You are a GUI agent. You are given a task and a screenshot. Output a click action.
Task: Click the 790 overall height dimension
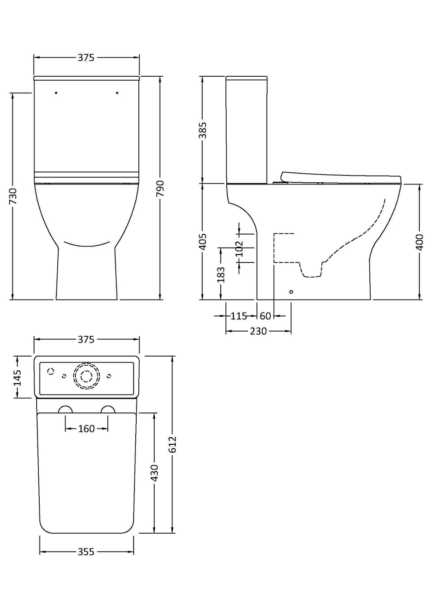(160, 188)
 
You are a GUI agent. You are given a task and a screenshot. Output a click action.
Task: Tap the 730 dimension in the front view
(13, 196)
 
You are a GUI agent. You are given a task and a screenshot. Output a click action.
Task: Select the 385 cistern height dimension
(203, 130)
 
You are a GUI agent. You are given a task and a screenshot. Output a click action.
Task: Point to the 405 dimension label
(203, 241)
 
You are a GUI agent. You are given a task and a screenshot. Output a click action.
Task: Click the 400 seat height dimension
(419, 242)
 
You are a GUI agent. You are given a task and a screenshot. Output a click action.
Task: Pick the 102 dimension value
(239, 248)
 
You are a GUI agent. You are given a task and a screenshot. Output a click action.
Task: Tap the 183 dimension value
(221, 275)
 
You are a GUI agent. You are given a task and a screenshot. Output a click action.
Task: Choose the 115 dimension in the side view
(239, 316)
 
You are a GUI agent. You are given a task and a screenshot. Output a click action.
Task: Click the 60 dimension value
(265, 316)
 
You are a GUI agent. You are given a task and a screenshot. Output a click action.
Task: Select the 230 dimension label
(258, 331)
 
